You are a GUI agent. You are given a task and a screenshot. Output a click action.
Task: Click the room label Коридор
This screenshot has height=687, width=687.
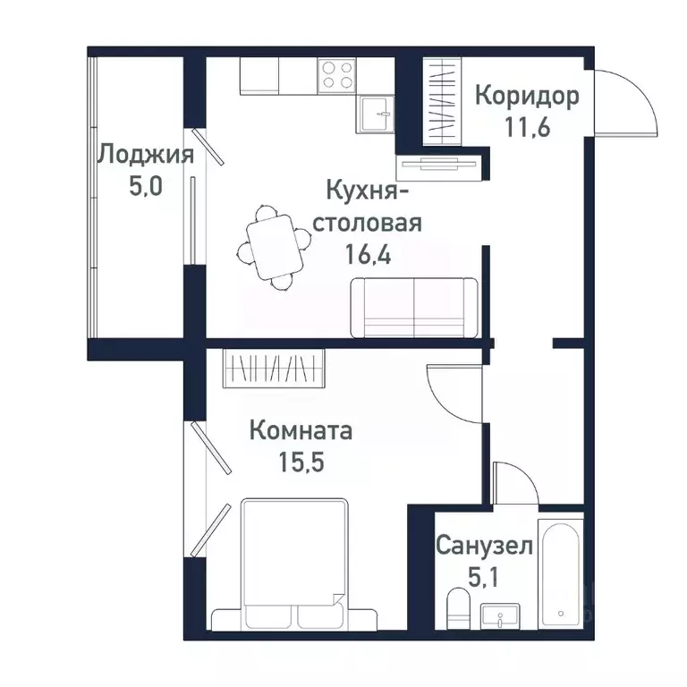click(x=526, y=96)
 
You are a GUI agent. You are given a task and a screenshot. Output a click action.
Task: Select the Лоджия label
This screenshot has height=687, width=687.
click(x=145, y=155)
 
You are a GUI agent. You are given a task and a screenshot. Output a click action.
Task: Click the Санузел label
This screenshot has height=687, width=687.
click(x=484, y=545)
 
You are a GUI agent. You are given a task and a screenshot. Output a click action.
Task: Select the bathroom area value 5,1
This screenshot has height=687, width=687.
click(x=484, y=574)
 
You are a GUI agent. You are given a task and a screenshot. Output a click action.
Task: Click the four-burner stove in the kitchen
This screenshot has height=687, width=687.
click(x=336, y=74)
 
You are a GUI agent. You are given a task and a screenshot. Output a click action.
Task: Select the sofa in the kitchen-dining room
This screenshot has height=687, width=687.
click(x=414, y=307)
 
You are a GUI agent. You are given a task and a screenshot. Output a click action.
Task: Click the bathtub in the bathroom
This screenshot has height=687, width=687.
click(x=560, y=571)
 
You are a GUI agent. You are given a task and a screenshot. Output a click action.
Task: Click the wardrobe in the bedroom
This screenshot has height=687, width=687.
click(x=273, y=368)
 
